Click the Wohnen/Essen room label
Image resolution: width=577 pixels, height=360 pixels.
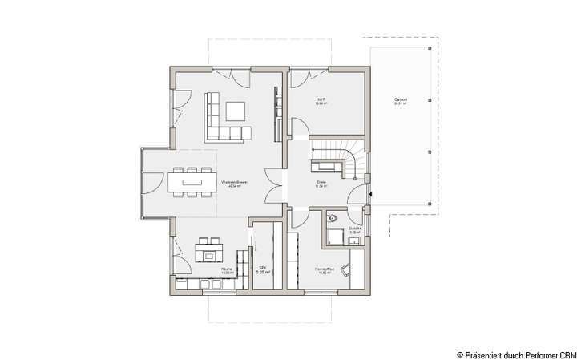pos(235,184)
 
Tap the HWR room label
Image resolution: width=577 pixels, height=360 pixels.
pos(319,102)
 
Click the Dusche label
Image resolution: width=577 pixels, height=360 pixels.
pos(355,229)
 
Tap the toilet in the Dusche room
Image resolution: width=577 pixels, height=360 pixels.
pos(333,217)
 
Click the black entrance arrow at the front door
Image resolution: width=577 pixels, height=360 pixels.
pos(372,193)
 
